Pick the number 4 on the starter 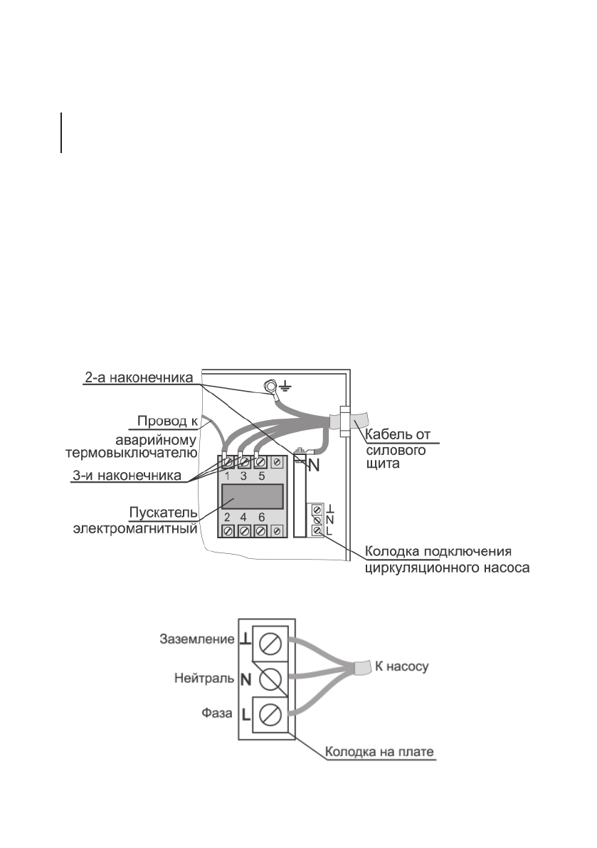(243, 518)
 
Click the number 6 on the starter (262, 518)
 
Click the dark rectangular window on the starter (253, 496)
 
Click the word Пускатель (171, 513)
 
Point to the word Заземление (192, 639)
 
